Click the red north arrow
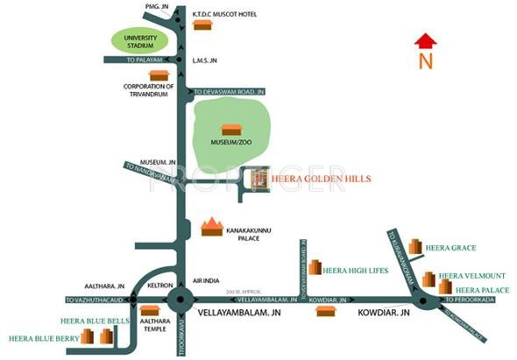425,40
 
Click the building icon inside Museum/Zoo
230,130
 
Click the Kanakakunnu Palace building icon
211,227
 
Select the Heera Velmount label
467,275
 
